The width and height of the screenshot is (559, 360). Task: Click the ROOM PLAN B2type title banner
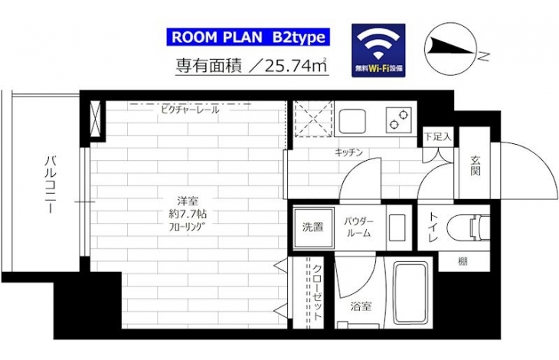[248, 37]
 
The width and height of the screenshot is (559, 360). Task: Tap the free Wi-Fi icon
[378, 51]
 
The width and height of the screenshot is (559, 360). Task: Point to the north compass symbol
[450, 49]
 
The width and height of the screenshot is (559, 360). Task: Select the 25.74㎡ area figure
[291, 66]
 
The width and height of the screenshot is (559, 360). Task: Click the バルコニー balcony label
[51, 184]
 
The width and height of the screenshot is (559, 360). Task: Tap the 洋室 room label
[188, 201]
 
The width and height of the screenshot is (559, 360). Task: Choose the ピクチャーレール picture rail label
[190, 110]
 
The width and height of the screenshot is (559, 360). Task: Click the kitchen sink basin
[352, 121]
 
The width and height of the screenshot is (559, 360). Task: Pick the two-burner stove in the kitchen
[398, 119]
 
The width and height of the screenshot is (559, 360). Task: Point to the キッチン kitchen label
[348, 152]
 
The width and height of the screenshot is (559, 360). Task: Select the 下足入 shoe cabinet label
[438, 136]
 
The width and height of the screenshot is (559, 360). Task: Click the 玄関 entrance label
[475, 165]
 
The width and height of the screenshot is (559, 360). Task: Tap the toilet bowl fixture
[468, 227]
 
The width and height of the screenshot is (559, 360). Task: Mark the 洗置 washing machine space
[313, 227]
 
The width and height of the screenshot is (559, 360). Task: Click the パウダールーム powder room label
[358, 227]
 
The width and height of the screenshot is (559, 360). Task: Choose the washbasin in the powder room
[397, 227]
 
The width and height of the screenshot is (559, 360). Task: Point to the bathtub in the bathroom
[410, 293]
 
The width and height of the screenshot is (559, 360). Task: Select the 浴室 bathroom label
[361, 306]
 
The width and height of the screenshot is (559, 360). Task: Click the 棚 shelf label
[463, 262]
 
